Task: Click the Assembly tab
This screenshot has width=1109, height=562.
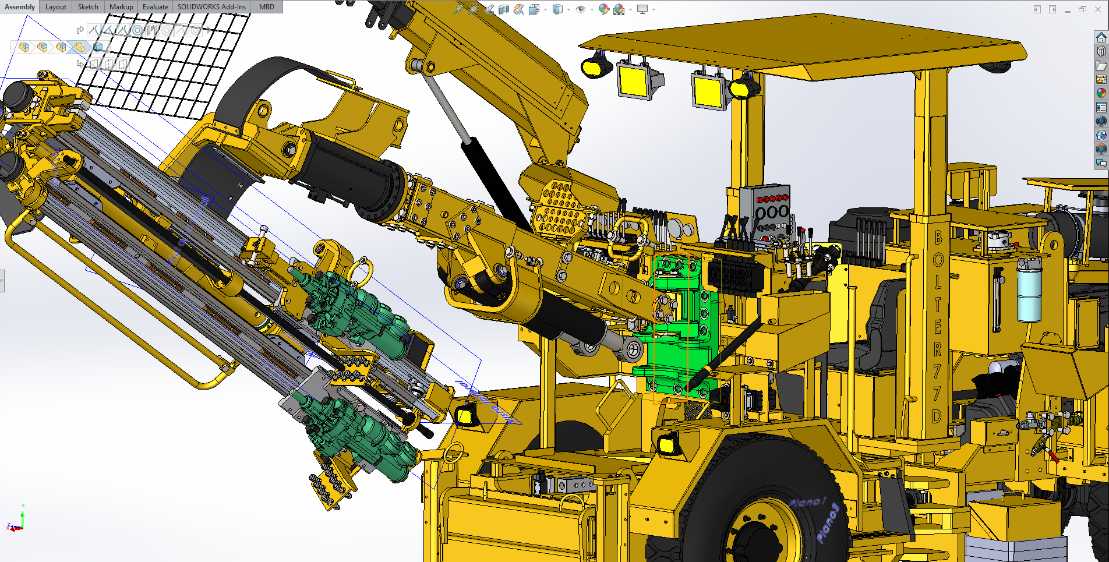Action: (x=20, y=7)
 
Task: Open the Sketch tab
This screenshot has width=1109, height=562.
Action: (x=88, y=7)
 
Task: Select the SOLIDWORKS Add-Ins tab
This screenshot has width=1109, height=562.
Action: (x=211, y=7)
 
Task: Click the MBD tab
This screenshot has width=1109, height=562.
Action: (x=267, y=7)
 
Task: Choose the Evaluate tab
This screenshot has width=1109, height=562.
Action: (x=156, y=7)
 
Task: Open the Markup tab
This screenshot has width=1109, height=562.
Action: (x=121, y=7)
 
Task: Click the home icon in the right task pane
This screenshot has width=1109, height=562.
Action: (x=1101, y=37)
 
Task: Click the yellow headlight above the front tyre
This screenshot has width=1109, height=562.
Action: (x=667, y=445)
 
